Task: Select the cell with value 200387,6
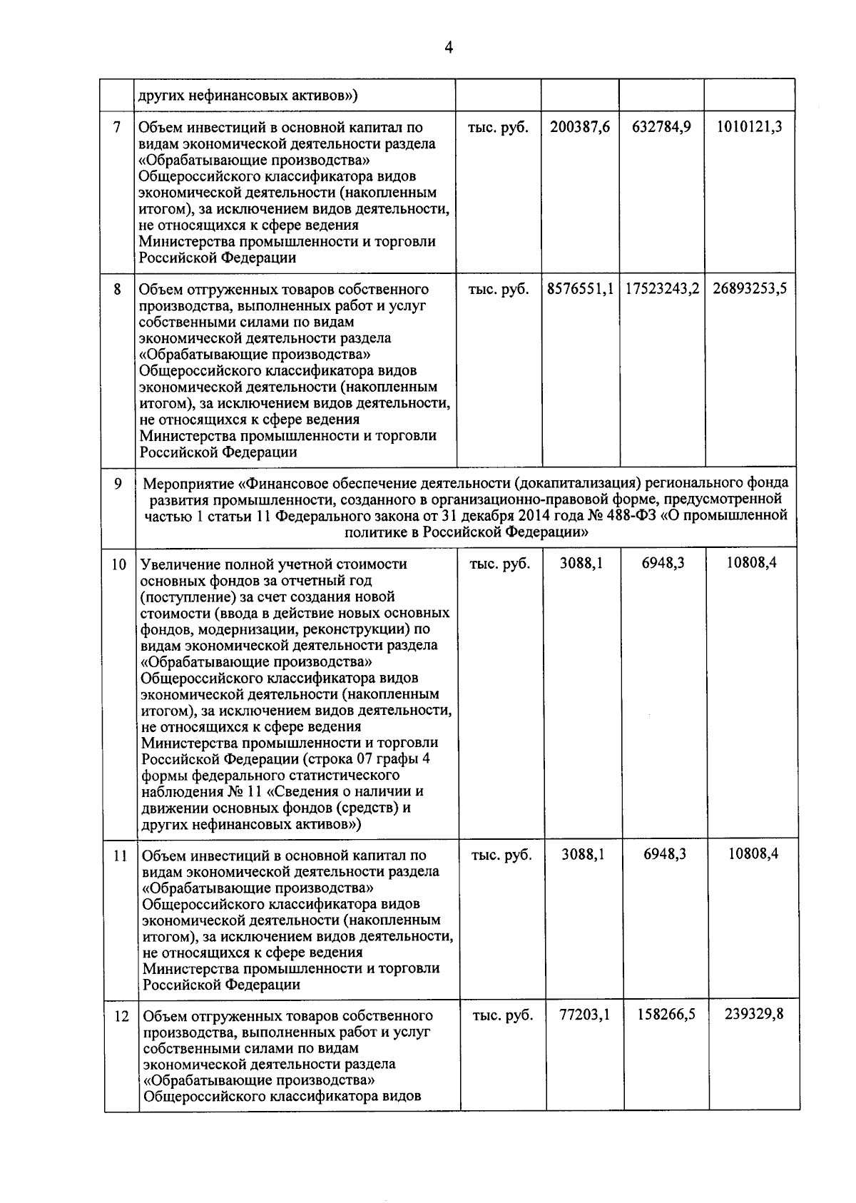580,128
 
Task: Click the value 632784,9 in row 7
661,128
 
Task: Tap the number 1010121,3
749,128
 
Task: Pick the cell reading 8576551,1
581,290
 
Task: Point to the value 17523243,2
662,290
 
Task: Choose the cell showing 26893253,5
750,290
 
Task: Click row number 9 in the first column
118,484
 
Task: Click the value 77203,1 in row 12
584,1014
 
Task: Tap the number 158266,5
666,1014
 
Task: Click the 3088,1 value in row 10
581,564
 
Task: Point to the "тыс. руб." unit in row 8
499,290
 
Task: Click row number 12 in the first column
121,1016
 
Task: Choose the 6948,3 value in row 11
665,853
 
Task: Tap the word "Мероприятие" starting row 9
182,483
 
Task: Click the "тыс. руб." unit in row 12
502,1015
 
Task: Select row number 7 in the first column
117,128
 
